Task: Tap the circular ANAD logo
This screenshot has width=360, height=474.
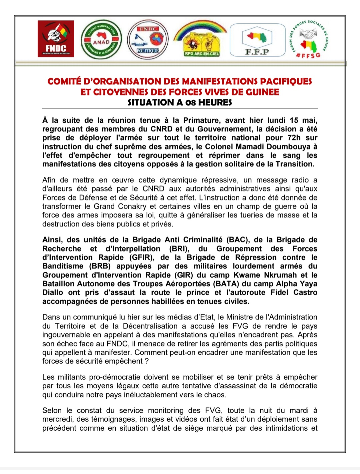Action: coord(101,40)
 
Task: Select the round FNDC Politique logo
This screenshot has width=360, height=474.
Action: coord(148,40)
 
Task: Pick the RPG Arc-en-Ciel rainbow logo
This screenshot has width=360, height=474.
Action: coord(200,38)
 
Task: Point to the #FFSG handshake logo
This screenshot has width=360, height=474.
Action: coord(308,39)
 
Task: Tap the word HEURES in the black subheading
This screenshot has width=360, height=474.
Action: coord(215,102)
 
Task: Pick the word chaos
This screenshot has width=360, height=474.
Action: coord(216,395)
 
